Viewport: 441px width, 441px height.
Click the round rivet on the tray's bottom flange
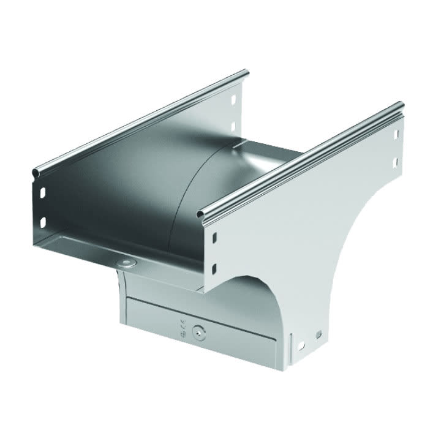pos(127,263)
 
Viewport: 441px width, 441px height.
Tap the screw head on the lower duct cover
pos(197,333)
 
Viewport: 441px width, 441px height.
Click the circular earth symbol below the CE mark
pos(183,335)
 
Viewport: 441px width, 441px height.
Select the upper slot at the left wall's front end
pos(43,193)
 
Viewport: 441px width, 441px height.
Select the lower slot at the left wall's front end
pos(43,221)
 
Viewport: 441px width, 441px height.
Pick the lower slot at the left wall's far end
pos(233,127)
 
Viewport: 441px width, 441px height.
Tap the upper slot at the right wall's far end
pos(396,134)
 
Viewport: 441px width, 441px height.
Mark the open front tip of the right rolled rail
pos(200,214)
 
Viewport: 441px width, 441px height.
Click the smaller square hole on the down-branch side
pos(319,334)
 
